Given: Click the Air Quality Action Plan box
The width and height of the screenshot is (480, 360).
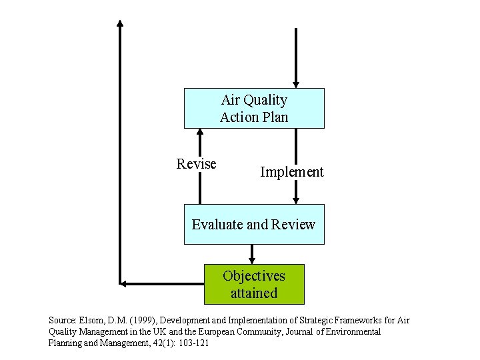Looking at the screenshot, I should (x=254, y=108).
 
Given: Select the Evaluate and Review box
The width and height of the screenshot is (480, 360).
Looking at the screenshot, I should (x=254, y=225).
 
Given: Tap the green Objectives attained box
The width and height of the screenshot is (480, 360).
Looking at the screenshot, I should (x=254, y=285).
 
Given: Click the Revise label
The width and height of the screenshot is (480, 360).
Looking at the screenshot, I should (x=196, y=164).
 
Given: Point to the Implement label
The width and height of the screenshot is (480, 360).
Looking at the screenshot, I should (x=291, y=172).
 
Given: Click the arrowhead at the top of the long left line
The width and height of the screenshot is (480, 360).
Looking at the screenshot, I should (x=120, y=23).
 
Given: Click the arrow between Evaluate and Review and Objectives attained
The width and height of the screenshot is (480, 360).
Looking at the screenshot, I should (x=252, y=254).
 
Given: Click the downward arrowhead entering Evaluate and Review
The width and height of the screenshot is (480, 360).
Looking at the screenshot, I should (x=296, y=199).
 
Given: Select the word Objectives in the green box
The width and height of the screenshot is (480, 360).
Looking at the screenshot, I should (x=254, y=276).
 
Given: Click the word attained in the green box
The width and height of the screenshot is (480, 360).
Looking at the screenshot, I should (x=254, y=293).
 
